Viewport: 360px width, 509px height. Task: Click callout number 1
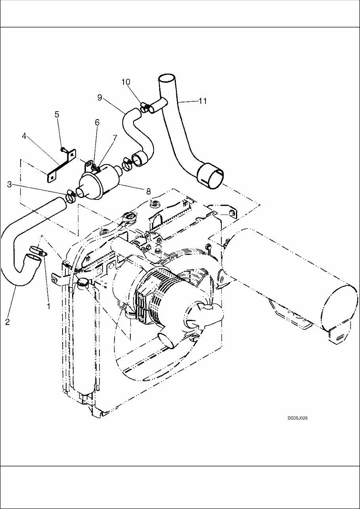point(49,306)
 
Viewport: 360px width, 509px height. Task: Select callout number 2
point(8,322)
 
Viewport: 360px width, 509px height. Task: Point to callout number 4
point(25,137)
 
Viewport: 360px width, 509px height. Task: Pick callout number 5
point(57,114)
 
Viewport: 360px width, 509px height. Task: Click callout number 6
point(97,123)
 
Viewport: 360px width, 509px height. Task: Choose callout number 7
point(115,138)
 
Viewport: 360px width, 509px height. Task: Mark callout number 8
point(149,191)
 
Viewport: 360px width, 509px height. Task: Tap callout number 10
point(126,82)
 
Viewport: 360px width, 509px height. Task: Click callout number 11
point(203,101)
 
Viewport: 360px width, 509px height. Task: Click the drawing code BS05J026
point(298,418)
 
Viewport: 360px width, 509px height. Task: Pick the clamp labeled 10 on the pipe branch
point(146,107)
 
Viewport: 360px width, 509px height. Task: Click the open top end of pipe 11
point(167,78)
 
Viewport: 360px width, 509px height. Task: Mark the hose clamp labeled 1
point(38,251)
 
